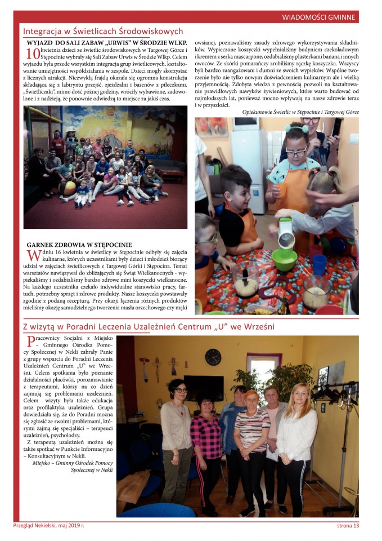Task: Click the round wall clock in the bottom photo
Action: point(213,357)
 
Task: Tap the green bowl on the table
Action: point(284,259)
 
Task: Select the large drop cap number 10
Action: point(33,54)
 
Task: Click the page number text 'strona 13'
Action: point(344,526)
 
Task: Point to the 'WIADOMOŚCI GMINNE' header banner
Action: point(318,17)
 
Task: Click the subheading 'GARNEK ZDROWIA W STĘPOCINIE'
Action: point(79,245)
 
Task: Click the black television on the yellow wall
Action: point(204,387)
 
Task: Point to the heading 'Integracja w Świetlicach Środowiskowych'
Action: point(103,32)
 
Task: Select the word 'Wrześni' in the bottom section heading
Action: point(258,327)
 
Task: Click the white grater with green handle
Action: point(287,234)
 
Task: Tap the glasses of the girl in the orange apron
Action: point(296,152)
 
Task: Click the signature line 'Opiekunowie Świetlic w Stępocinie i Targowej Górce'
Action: point(300,112)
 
